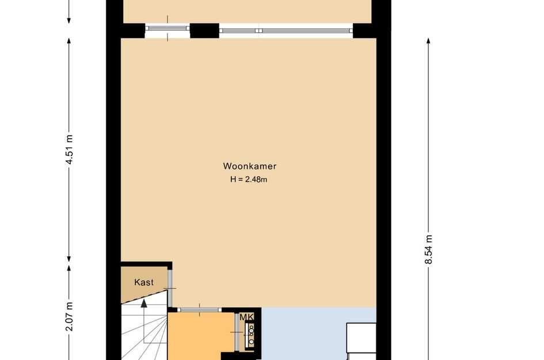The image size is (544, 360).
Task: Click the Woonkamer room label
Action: tap(250, 166)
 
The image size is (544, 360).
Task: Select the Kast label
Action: tap(144, 282)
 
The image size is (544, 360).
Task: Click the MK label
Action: tap(246, 317)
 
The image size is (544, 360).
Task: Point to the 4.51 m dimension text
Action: tap(69, 150)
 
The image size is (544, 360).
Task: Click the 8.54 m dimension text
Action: tap(428, 249)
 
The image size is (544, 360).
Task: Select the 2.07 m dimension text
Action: tap(69, 317)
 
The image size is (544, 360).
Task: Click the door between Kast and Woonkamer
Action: tap(170, 288)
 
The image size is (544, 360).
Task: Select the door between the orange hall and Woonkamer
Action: tap(200, 310)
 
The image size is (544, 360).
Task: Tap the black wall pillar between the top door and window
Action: tap(204, 30)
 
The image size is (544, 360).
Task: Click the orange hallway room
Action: tap(201, 337)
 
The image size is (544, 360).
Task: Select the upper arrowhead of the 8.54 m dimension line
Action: tap(428, 41)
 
